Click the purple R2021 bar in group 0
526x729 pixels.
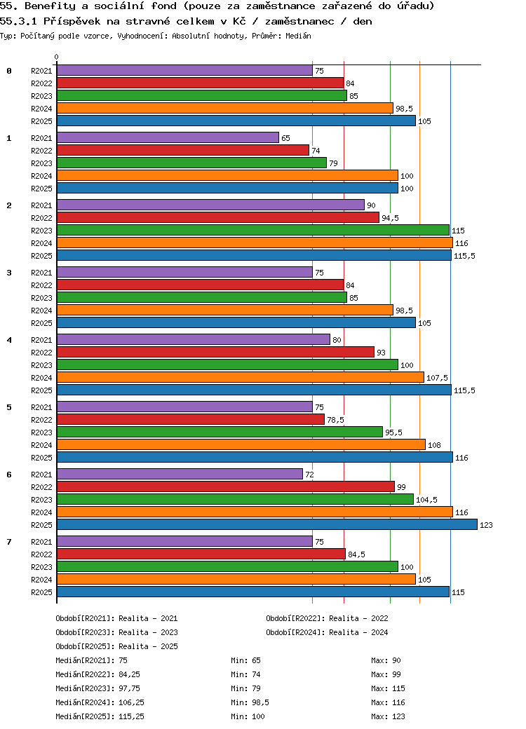pos(184,70)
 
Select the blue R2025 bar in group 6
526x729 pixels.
pos(267,524)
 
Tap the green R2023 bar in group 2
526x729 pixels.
pos(252,230)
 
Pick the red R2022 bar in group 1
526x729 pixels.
pos(182,150)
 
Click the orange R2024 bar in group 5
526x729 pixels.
pos(241,444)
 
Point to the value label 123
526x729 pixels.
pos(487,525)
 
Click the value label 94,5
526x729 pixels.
pos(390,218)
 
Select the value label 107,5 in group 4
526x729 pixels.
pos(437,378)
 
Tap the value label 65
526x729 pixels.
pos(285,138)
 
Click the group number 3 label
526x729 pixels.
pos(9,273)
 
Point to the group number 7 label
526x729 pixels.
pos(9,542)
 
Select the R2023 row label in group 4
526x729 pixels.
pos(41,365)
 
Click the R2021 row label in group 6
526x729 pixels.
pos(41,475)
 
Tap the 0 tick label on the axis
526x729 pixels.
pos(57,57)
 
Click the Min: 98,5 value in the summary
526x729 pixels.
pos(250,702)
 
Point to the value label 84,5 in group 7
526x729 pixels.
pos(356,554)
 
